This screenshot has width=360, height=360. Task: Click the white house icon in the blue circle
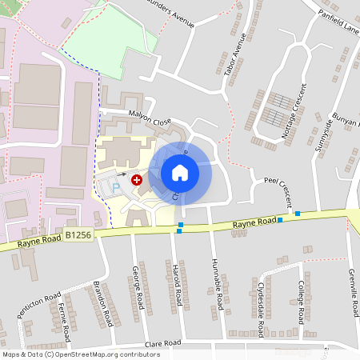coord(180,173)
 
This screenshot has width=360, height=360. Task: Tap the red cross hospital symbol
coord(137,181)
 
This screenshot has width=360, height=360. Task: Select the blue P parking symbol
coord(115,188)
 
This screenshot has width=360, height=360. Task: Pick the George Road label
coord(140,289)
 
